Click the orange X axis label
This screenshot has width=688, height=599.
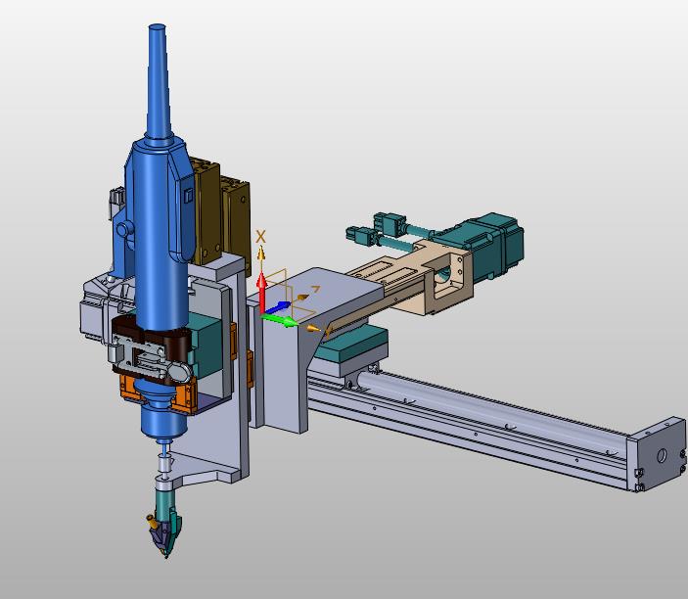point(260,237)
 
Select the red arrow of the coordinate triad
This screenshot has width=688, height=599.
point(261,293)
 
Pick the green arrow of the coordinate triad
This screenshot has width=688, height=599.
point(279,320)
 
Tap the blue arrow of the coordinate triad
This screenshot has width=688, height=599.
point(276,307)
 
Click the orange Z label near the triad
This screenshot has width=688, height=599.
point(315,289)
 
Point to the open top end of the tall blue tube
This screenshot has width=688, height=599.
point(158,27)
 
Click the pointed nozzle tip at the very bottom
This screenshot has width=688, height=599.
point(165,556)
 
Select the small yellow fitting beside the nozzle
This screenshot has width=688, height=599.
point(152,521)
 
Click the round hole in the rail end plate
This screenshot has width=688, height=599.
point(662,456)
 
